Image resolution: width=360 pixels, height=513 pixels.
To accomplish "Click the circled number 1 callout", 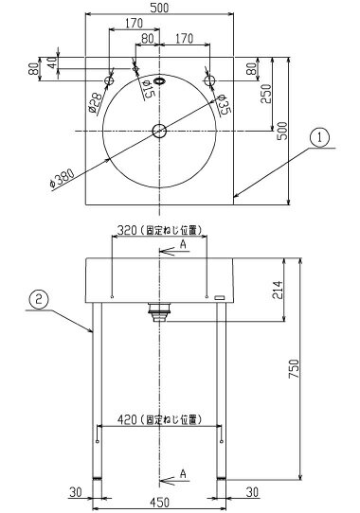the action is tap(319, 138).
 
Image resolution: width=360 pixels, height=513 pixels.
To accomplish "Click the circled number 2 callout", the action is tap(39, 300).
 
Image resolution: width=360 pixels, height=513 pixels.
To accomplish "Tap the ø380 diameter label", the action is tap(62, 178).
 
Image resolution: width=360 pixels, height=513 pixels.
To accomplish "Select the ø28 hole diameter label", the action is tap(95, 103).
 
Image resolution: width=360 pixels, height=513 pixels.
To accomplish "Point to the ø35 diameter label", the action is tap(224, 105).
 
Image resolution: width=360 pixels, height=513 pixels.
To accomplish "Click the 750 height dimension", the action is tap(294, 369).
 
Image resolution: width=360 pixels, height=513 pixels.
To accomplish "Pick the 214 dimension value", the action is tap(278, 290).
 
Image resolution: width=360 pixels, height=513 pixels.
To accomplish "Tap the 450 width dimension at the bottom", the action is tap(159, 502).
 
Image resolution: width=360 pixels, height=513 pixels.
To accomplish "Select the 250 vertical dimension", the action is tap(266, 94).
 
